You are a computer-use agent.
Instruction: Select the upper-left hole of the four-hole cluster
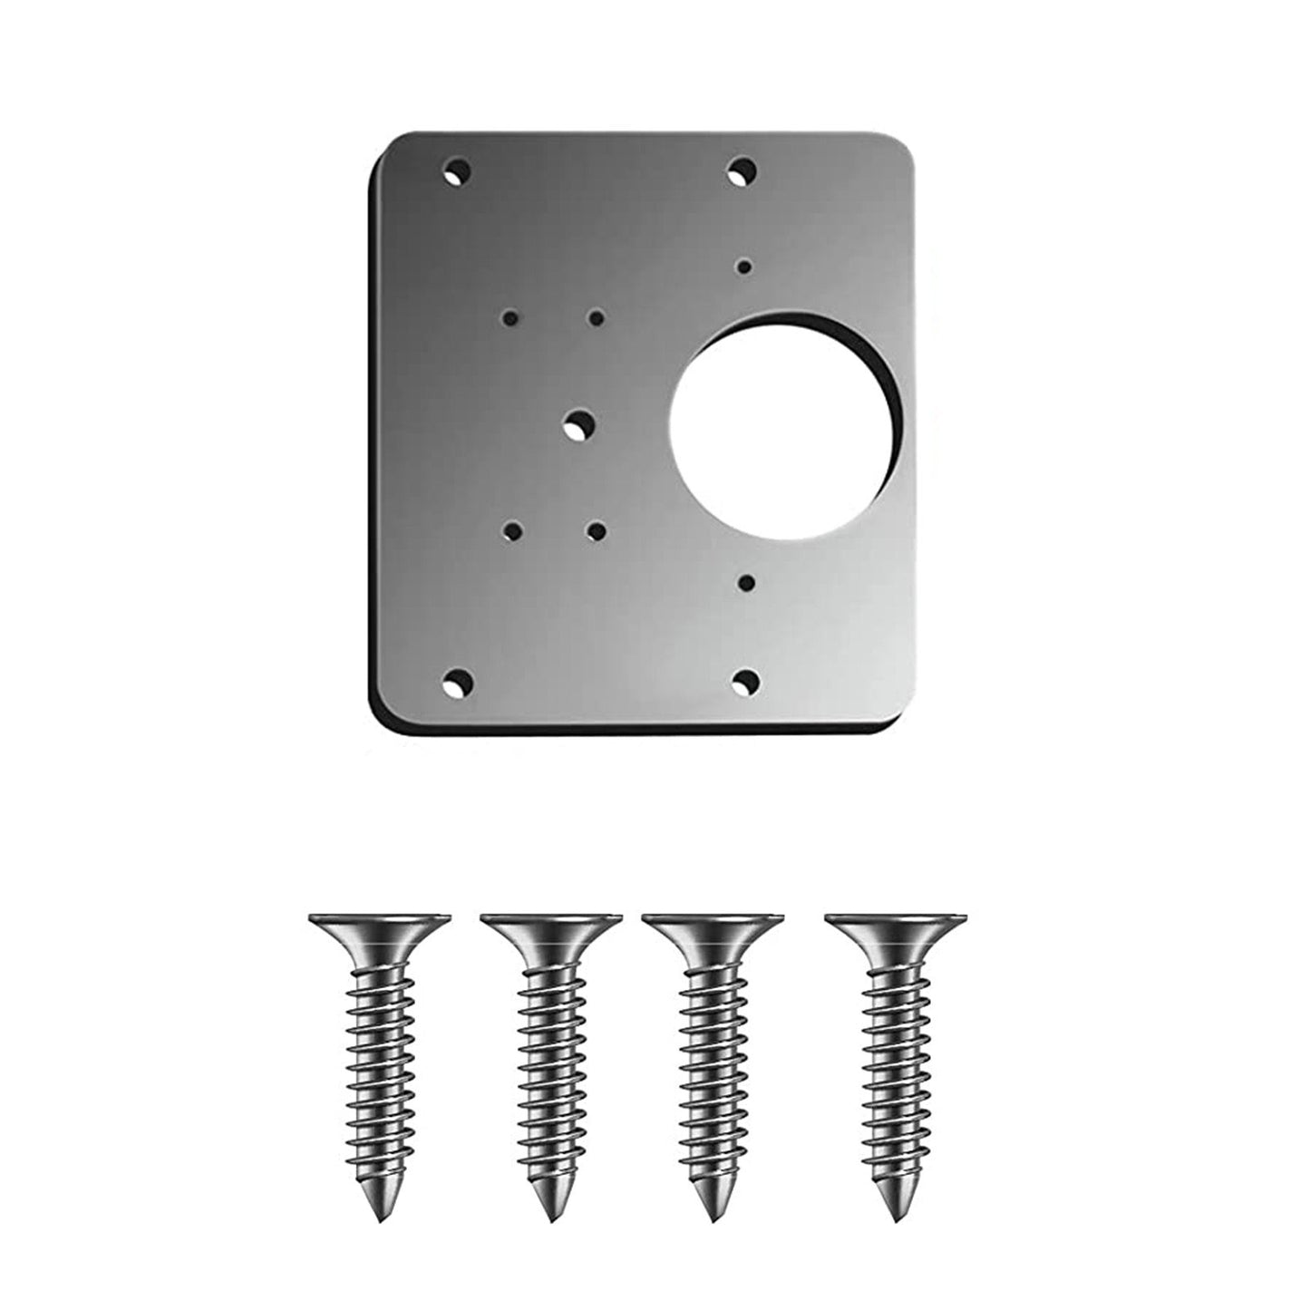click(511, 318)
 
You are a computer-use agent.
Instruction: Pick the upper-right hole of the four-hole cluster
click(597, 318)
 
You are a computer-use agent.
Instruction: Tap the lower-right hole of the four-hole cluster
click(596, 529)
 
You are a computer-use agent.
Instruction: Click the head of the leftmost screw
click(378, 927)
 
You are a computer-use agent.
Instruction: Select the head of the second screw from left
click(550, 927)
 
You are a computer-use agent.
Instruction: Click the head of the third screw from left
click(711, 927)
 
